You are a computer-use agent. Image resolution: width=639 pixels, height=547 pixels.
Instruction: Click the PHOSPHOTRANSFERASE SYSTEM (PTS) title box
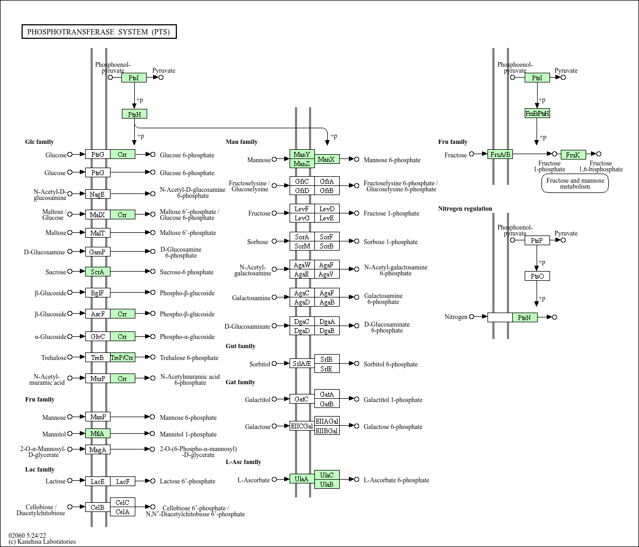99,32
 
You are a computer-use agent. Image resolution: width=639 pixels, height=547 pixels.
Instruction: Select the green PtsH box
134,114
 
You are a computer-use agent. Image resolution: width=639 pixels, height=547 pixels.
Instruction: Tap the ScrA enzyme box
98,272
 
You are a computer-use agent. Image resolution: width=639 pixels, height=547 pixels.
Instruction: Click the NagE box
98,194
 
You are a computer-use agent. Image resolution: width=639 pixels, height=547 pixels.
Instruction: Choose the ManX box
327,160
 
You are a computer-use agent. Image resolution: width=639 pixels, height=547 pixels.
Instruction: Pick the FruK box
573,155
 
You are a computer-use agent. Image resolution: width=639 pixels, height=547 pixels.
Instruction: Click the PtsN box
525,317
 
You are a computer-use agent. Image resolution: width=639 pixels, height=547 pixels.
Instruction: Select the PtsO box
537,276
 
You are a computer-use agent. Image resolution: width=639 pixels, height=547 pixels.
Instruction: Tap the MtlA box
98,433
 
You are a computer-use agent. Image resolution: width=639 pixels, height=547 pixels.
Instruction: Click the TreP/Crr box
122,358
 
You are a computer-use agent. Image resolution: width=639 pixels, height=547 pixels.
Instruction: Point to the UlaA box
302,479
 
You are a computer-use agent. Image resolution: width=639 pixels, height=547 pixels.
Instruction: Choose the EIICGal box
302,426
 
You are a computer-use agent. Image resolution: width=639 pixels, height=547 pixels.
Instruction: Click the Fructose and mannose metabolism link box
575,183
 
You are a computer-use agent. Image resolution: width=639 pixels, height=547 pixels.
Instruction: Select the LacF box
122,481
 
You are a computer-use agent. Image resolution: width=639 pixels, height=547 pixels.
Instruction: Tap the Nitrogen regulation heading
465,209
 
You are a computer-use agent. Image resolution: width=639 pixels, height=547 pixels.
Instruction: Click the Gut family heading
241,346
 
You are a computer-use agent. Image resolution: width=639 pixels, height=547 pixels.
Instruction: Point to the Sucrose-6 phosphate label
187,272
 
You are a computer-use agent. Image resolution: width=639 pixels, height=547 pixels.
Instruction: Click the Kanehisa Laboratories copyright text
42,542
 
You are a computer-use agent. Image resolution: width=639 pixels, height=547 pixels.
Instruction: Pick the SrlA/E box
302,363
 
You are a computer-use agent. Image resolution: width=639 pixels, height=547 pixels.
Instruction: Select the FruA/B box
500,154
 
